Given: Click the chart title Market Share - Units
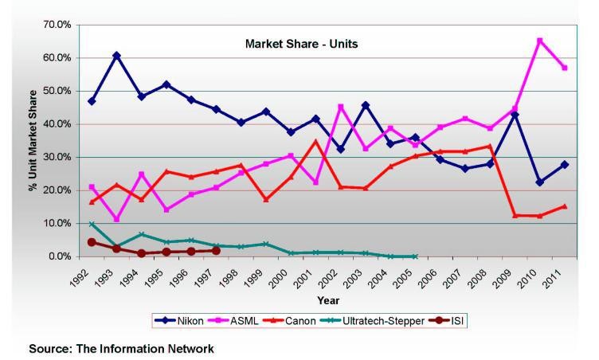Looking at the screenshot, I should [301, 44].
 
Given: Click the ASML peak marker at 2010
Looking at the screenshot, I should [518, 41].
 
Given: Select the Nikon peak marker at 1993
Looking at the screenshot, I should [116, 56].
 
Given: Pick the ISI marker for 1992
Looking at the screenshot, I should [92, 242].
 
